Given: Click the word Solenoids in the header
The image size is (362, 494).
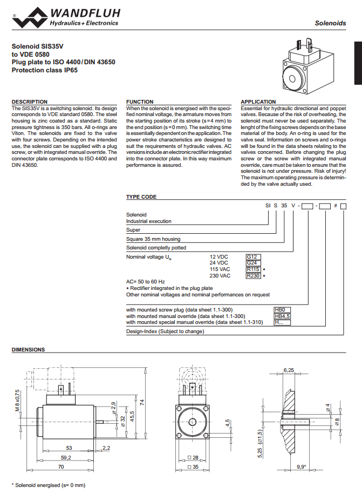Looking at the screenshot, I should (331, 23).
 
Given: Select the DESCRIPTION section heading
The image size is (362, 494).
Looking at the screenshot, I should (30, 101).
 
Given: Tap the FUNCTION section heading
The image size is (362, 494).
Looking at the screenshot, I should (140, 101).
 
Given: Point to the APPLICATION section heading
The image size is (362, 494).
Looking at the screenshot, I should (258, 101).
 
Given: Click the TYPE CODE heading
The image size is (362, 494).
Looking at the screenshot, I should (141, 197).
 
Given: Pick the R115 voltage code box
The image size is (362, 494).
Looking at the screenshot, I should (254, 269).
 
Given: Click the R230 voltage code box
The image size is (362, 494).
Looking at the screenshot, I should (254, 276).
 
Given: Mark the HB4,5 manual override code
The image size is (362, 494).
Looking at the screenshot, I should (283, 316).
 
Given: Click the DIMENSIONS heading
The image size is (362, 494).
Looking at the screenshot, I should (28, 350).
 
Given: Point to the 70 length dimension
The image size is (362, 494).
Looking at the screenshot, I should (60, 466).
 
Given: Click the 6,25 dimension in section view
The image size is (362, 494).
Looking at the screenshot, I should (289, 370).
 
